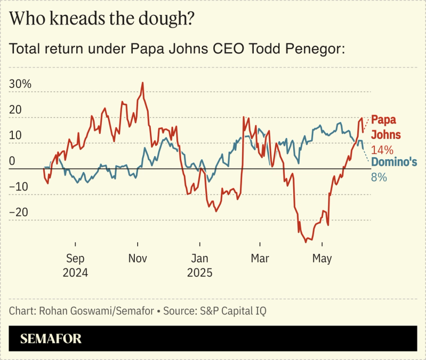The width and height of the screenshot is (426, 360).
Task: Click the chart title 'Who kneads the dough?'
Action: click(101, 19)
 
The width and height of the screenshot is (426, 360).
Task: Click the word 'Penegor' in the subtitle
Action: click(317, 49)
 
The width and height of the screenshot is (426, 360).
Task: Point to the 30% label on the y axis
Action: click(21, 84)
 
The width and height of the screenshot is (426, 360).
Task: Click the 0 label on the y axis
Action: click(13, 161)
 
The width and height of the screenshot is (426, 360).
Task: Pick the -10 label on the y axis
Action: click(20, 186)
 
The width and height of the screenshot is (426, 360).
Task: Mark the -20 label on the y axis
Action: click(20, 212)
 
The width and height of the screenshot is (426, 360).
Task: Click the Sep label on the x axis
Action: click(75, 259)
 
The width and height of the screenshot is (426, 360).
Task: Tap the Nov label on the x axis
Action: click(138, 259)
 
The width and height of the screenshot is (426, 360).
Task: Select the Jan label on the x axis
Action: click(199, 259)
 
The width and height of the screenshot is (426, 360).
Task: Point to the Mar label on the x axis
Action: click(260, 259)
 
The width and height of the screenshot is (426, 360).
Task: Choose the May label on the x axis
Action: click(321, 259)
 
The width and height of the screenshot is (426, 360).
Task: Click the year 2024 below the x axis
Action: click(75, 273)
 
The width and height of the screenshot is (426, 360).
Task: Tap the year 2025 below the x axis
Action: click(199, 273)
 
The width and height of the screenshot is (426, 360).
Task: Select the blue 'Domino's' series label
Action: click(393, 161)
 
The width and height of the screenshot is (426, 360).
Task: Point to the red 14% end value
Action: click(382, 150)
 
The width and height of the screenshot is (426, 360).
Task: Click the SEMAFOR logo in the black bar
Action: click(51, 339)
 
